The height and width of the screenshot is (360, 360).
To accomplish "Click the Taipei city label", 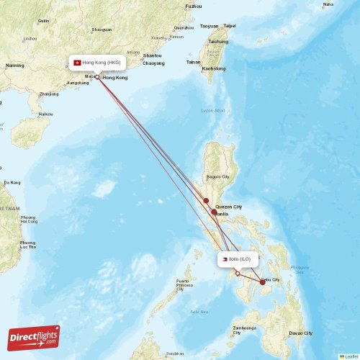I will pos(229,26).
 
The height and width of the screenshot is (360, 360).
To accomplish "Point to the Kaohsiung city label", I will pos(214,68).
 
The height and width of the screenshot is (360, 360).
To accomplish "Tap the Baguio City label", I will pos(217,176).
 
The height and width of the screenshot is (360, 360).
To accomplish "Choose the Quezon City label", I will pos(228,207).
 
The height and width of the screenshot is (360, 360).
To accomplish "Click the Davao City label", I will pos(300,333).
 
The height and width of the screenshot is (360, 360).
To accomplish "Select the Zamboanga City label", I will pos(246,330).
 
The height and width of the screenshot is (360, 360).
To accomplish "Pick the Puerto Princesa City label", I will pos(183,284).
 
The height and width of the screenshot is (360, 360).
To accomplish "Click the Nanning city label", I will pos(14,66).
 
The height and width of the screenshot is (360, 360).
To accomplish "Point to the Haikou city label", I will pos(45,114).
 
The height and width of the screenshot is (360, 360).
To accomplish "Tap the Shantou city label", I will pos(152,55).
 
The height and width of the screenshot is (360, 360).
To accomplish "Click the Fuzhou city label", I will pos(193,6).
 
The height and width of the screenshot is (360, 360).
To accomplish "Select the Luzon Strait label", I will pos(213,110).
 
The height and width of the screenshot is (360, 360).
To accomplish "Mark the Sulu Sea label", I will pos(199,311).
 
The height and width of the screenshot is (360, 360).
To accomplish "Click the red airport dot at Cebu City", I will pos(262,282).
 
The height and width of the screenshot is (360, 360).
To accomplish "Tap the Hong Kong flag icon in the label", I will pos(77,63).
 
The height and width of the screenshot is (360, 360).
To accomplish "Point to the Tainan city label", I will pos(193,62).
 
